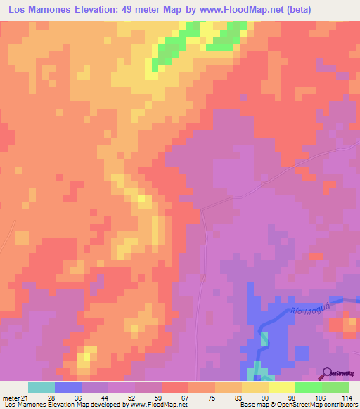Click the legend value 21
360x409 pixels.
pos(29,397)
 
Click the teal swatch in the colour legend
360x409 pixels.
pos(41,387)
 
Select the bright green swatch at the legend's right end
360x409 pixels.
pos(335,387)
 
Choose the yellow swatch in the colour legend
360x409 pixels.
pos(255,387)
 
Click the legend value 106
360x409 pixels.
pos(321,397)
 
